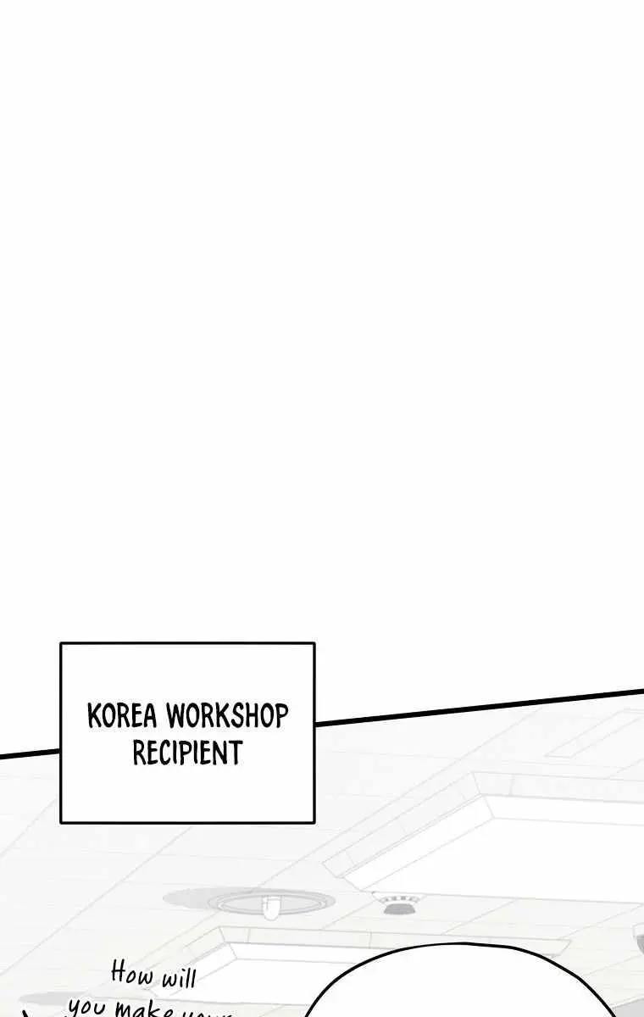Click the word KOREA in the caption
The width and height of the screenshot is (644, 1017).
click(x=123, y=717)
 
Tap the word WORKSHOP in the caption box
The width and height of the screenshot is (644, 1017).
click(x=226, y=717)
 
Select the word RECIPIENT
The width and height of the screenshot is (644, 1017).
click(x=187, y=753)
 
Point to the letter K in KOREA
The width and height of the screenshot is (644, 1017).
click(x=94, y=717)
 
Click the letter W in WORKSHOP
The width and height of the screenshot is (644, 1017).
click(x=175, y=717)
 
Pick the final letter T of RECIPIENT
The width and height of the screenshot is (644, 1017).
click(x=236, y=753)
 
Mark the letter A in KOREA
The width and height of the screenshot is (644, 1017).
click(x=151, y=717)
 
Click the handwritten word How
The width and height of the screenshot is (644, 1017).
click(x=132, y=973)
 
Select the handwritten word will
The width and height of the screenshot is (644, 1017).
click(x=178, y=980)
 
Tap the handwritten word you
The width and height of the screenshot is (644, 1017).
click(x=86, y=1007)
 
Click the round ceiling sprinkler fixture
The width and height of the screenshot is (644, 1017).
click(x=269, y=905)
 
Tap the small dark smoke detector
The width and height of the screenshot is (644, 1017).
click(x=391, y=907)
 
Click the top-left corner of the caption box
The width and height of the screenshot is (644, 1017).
click(x=61, y=643)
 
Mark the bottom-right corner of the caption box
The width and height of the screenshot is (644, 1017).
click(x=314, y=821)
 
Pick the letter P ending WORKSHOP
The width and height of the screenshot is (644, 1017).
click(x=280, y=717)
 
